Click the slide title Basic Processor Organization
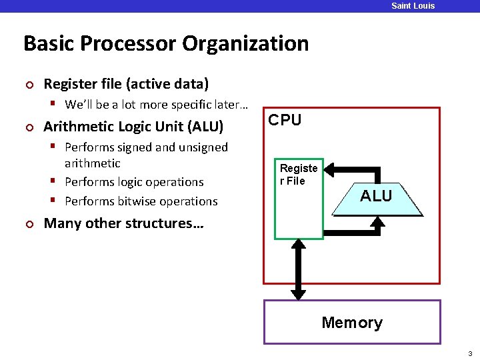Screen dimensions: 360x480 (x=166, y=44)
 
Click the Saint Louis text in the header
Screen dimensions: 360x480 (x=413, y=6)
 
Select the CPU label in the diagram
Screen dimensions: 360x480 (x=285, y=120)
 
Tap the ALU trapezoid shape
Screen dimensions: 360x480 (x=377, y=197)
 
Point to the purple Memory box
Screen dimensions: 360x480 (x=352, y=322)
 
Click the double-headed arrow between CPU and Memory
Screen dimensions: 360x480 (x=299, y=269)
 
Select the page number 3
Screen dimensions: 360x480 (x=469, y=353)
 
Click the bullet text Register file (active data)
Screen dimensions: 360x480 (x=126, y=84)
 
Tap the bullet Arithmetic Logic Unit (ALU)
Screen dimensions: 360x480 (x=133, y=127)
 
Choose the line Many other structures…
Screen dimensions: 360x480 (x=123, y=223)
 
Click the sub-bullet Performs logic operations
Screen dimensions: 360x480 (x=134, y=182)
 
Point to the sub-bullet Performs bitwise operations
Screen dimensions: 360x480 (x=141, y=201)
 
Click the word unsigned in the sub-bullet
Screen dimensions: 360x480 (x=203, y=147)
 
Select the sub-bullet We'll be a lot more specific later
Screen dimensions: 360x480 (x=156, y=105)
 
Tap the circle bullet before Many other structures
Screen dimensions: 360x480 (x=28, y=223)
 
